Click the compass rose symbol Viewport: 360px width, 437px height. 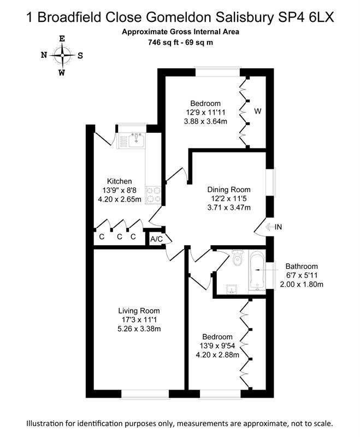[x=62, y=55]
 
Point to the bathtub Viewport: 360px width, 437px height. [x=256, y=271]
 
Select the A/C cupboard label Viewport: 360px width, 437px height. [x=156, y=239]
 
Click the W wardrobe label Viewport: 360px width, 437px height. [x=257, y=111]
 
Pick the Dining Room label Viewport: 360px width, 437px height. [x=229, y=188]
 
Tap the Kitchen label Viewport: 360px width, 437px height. [x=119, y=181]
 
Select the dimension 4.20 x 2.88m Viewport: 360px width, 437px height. [x=217, y=355]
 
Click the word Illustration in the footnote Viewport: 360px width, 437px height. [x=46, y=424]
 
